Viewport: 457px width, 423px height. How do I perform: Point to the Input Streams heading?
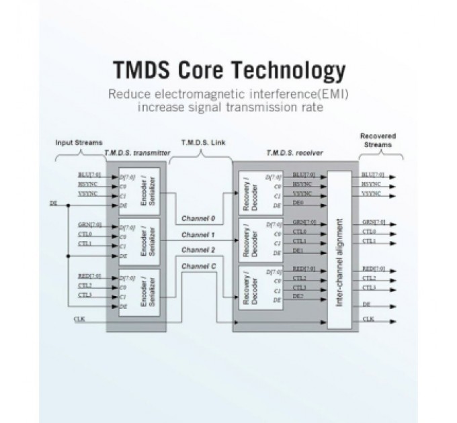79,143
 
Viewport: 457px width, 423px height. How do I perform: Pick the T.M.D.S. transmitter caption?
136,154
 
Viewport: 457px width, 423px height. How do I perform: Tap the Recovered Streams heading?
378,140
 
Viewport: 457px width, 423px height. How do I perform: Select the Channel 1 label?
199,236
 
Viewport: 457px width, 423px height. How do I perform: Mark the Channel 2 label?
199,250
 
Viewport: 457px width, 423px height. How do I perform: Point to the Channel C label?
199,266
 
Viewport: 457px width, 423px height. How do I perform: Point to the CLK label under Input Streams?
79,319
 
